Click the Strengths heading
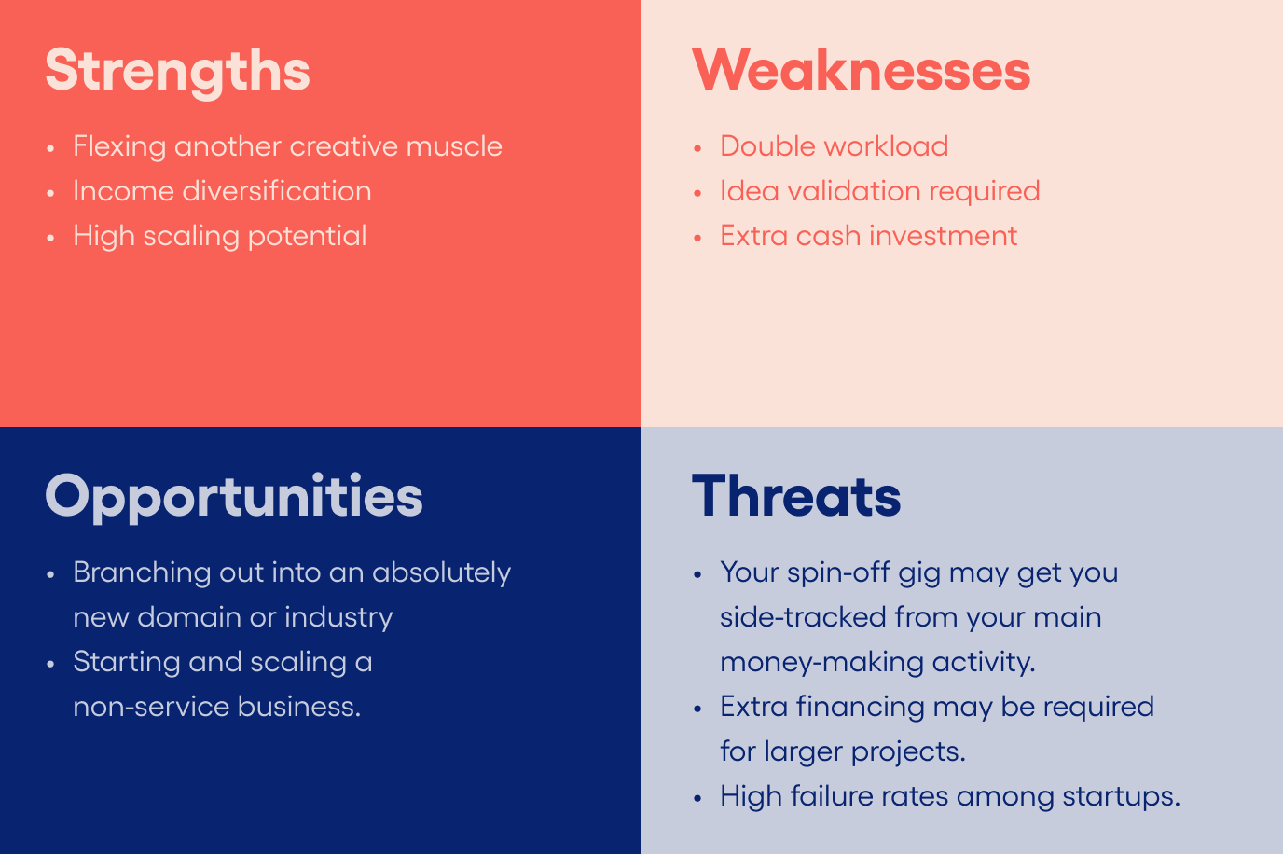pyautogui.click(x=177, y=72)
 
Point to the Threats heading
pyautogui.click(x=796, y=496)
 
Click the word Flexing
pyautogui.click(x=119, y=146)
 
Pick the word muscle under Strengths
pyautogui.click(x=454, y=146)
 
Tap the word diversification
pyautogui.click(x=277, y=191)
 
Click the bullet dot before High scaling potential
pyautogui.click(x=50, y=238)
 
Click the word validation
pyautogui.click(x=854, y=191)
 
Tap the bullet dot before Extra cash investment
pyautogui.click(x=697, y=238)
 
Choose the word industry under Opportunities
pyautogui.click(x=338, y=618)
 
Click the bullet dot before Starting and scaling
pyautogui.click(x=50, y=665)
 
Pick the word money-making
pyautogui.click(x=822, y=663)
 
